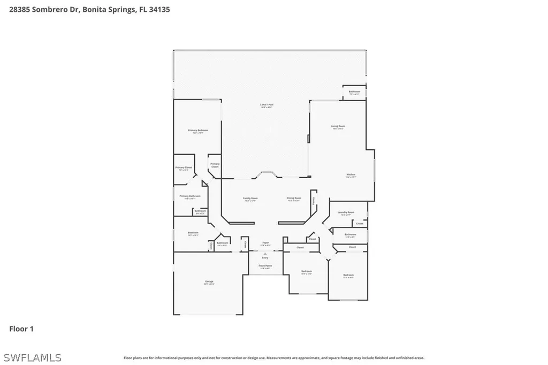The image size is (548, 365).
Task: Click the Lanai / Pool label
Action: point(267,105)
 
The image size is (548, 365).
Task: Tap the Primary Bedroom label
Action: point(197,131)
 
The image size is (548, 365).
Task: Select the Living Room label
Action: point(338,126)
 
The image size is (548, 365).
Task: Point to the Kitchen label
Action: point(351,175)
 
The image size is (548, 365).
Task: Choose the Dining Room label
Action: point(294,199)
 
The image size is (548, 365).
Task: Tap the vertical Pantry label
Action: point(314,200)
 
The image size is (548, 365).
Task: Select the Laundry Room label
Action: point(346,212)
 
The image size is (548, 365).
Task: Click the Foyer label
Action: point(265,244)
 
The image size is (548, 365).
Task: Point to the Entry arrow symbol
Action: point(265,253)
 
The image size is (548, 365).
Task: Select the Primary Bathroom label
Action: point(190,196)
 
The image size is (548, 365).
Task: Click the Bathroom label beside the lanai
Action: point(354,92)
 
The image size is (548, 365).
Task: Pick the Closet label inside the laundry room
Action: point(360,223)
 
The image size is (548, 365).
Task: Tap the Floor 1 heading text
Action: point(21,329)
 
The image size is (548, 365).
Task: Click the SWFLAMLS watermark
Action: point(32,357)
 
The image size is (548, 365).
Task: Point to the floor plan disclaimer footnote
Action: point(273,358)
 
